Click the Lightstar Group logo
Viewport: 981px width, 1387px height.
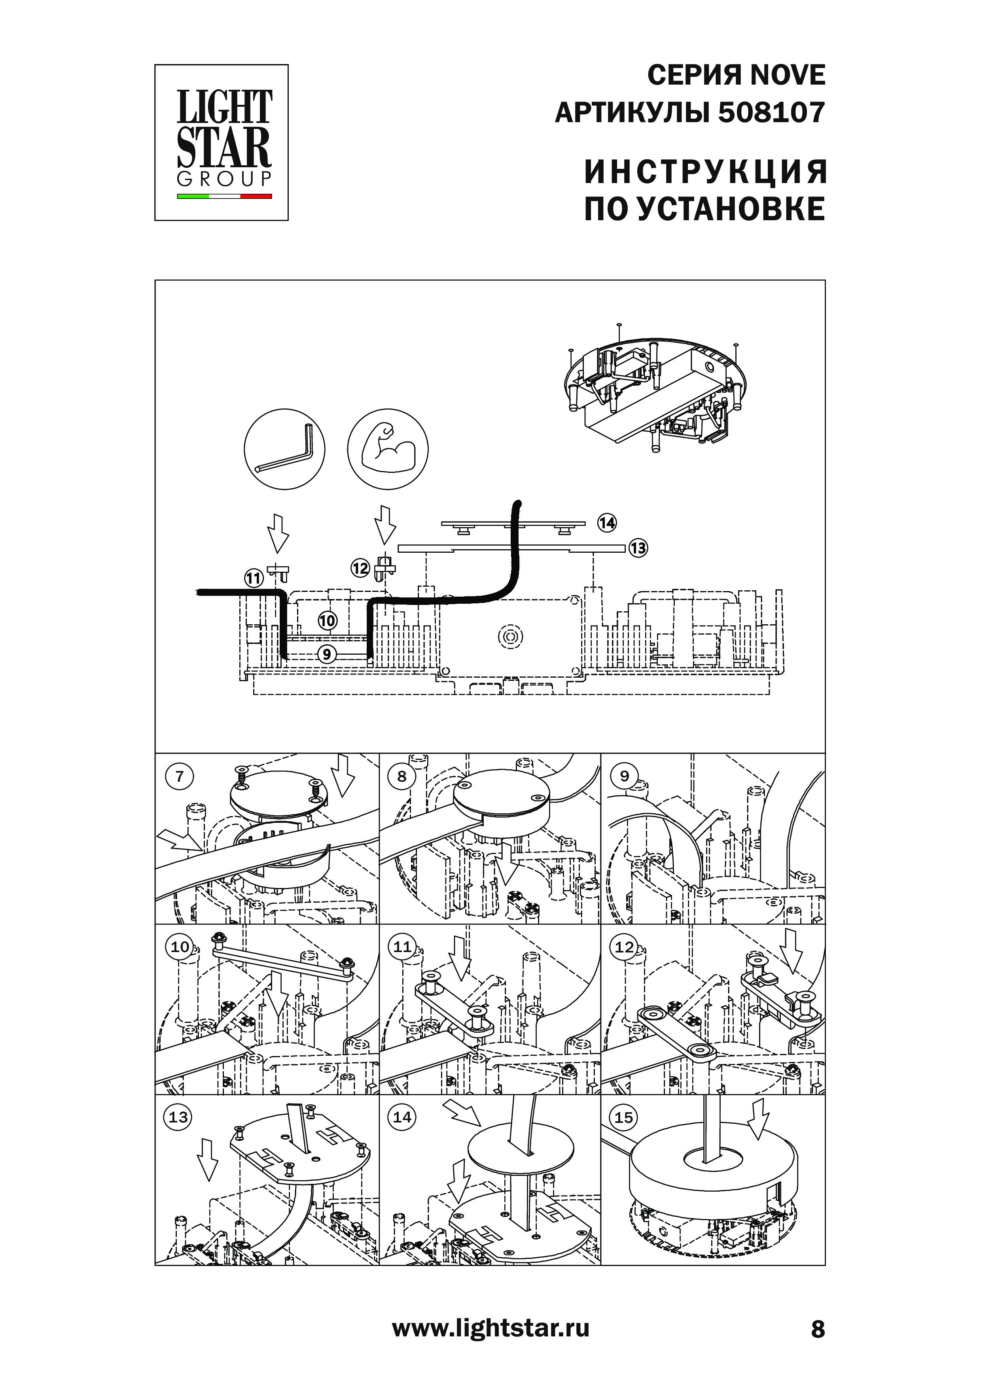(x=221, y=143)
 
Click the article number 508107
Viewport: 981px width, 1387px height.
(x=771, y=113)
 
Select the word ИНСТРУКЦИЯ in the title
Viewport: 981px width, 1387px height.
(x=705, y=173)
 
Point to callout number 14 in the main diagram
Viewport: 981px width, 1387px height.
(x=607, y=523)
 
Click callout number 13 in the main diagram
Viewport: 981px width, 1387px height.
(x=638, y=548)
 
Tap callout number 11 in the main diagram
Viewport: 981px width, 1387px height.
(x=253, y=579)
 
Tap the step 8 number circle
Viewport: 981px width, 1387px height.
(x=402, y=776)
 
